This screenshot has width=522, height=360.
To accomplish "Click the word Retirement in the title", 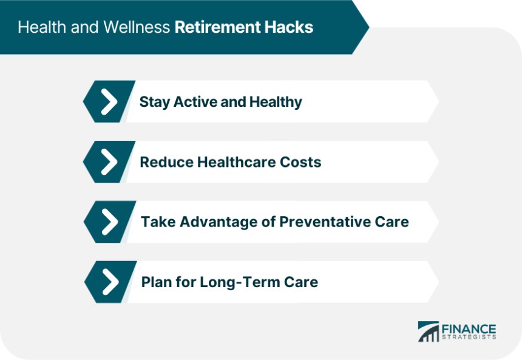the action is click(218, 27).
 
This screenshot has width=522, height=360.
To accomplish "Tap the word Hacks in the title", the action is click(289, 27).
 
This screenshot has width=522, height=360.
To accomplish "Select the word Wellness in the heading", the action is click(137, 27).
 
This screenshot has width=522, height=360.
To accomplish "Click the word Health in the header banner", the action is click(42, 27).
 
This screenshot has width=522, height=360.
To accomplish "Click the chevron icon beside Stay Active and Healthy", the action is click(109, 101).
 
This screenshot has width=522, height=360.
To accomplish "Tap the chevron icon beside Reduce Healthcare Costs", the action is click(109, 162).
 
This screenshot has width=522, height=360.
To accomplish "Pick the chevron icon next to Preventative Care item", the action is click(110, 222).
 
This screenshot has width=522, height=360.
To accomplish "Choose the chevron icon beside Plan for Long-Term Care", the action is click(110, 282).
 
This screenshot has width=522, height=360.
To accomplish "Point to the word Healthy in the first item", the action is click(276, 102).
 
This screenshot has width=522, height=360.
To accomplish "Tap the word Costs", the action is click(300, 162).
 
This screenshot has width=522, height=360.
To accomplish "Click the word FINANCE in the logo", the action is click(469, 329).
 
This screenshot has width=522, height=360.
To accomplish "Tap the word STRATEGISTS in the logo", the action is click(469, 337).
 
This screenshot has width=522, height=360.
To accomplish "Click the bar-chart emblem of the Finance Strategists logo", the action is click(429, 331).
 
